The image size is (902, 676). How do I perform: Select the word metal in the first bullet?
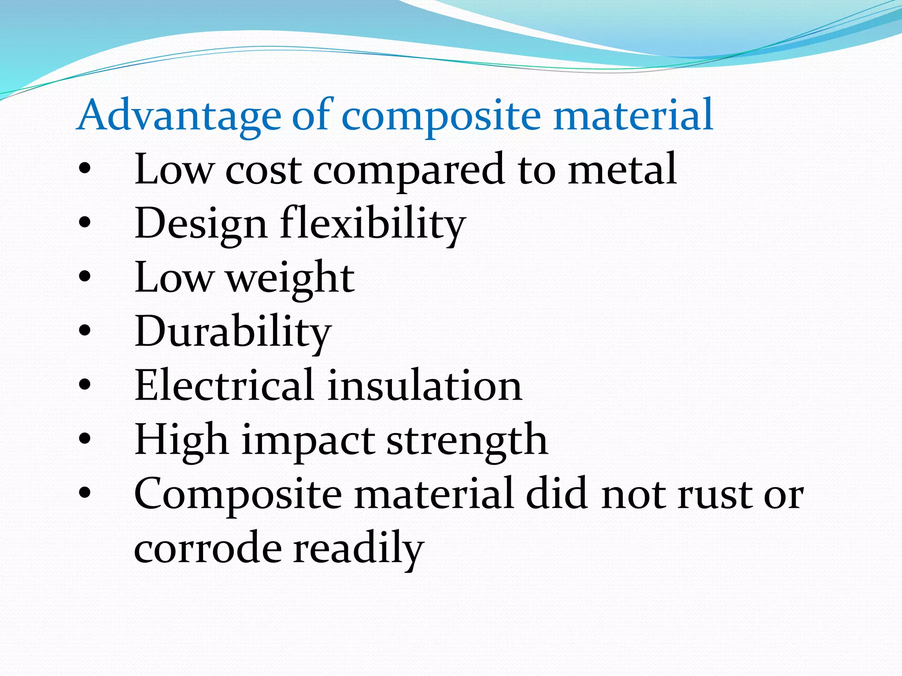[622, 169]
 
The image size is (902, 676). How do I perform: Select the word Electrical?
[224, 386]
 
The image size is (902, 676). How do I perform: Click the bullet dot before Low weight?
[85, 278]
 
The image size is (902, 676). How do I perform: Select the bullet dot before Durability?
[85, 331]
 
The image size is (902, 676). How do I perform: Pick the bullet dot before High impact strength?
[85, 439]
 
